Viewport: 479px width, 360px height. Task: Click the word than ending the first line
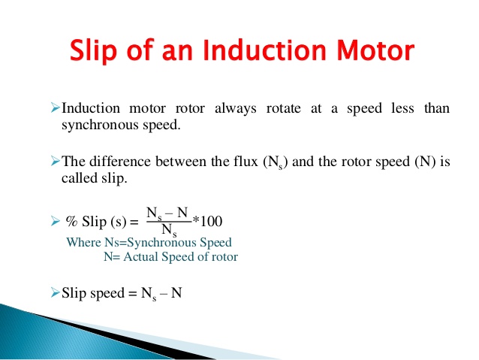point(437,108)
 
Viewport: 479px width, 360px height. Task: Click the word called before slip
point(78,180)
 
